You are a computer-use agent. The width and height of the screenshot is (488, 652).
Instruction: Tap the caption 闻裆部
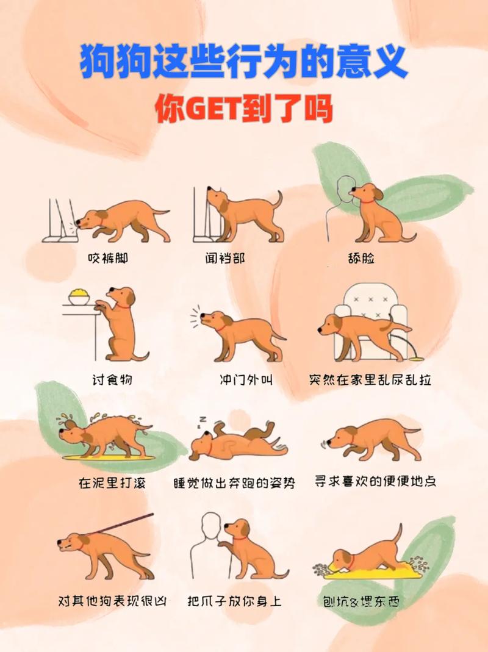point(225,259)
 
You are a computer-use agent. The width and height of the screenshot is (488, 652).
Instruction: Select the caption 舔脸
point(360,259)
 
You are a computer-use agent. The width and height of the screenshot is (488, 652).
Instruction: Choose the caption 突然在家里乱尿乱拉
point(370,380)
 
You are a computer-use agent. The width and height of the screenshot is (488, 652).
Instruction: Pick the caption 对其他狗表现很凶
point(112,601)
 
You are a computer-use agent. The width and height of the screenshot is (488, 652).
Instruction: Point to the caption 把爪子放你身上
point(235,601)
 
